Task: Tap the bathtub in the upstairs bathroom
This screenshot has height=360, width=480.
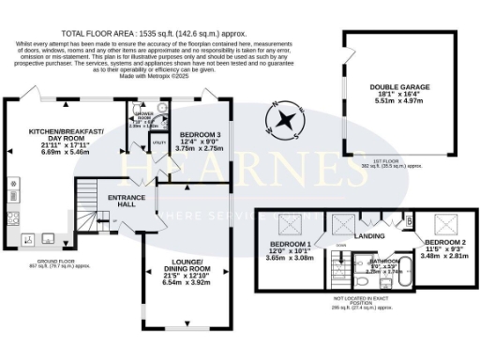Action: click(386, 278)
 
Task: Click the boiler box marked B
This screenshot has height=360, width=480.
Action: click(409, 221)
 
